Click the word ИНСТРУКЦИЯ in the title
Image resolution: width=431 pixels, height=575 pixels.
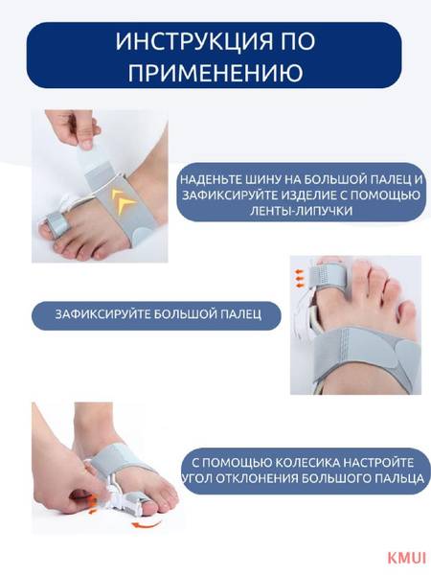pos(193,41)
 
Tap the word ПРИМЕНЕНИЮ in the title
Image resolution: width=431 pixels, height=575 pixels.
pos(215,72)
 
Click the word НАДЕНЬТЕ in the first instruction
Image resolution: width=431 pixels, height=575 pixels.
pos(207,180)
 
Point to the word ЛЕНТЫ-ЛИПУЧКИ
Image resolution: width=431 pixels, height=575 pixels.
pos(302,211)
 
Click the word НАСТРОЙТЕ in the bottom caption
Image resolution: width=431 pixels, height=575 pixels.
pos(378,463)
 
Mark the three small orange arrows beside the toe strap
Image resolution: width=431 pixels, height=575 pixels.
pos(300,279)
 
